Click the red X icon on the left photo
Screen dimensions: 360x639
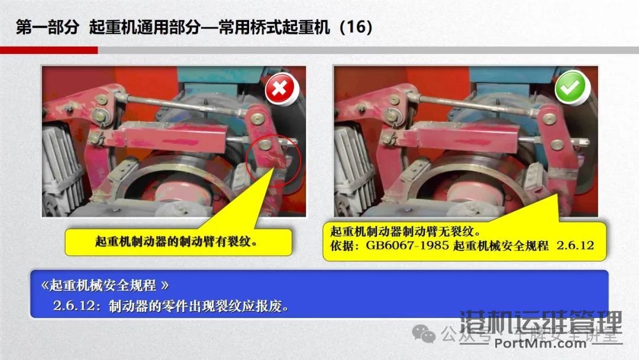point(279,90)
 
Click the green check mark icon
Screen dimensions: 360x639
point(571,89)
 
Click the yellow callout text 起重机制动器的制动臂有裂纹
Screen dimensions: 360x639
point(177,242)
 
